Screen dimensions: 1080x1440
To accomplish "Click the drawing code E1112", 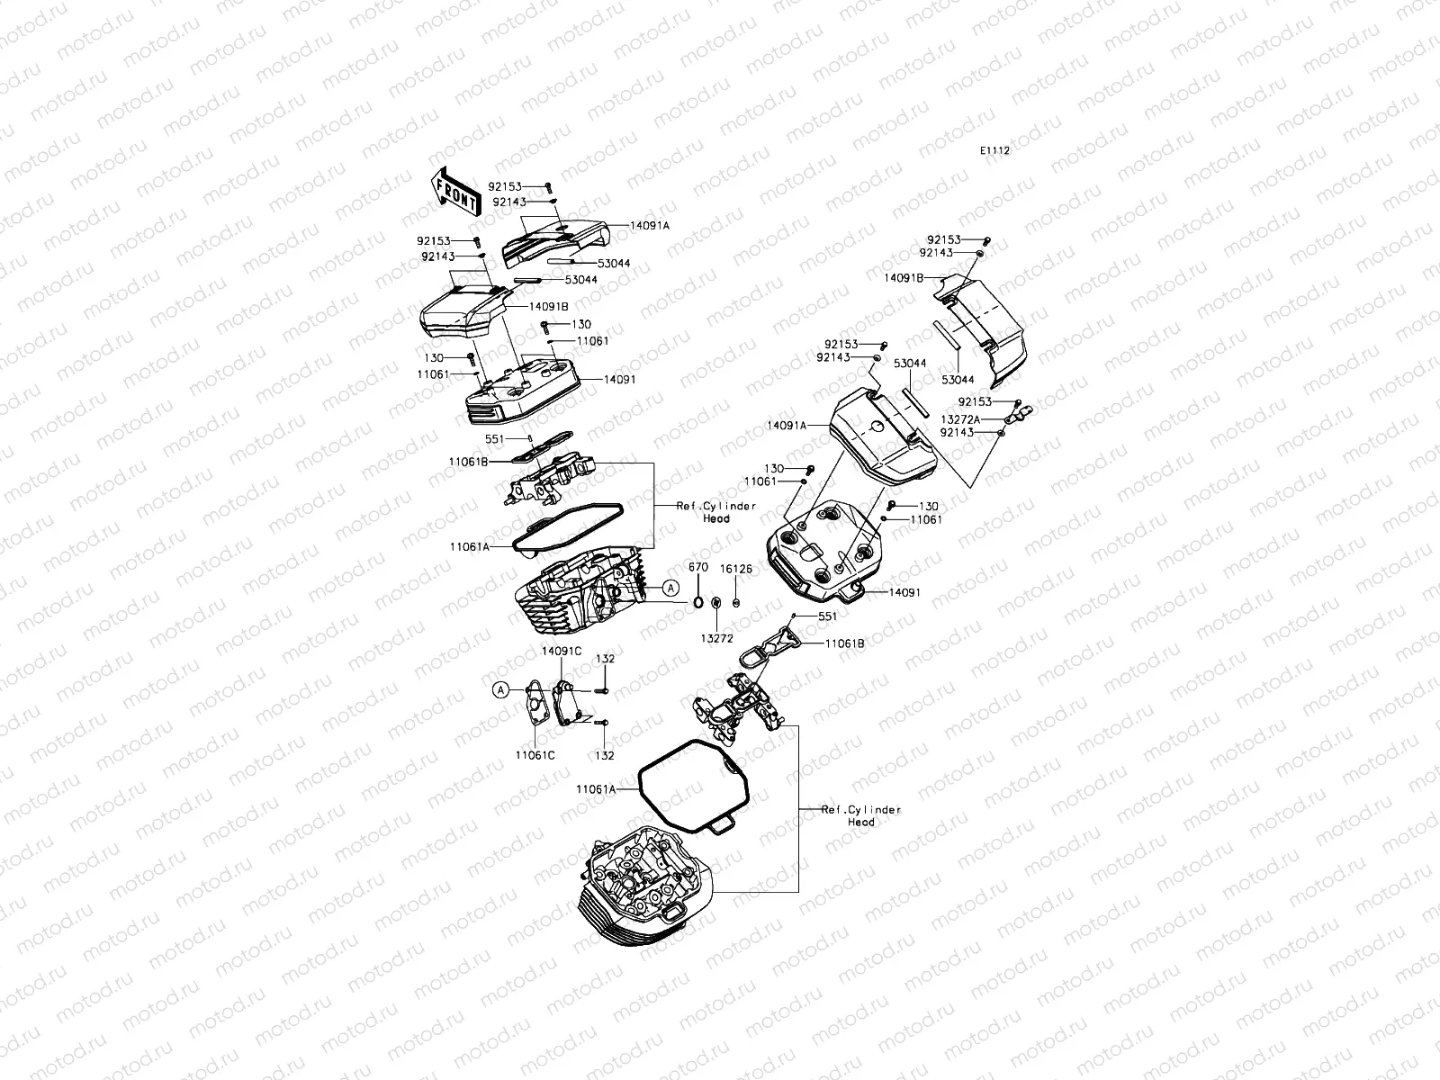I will point(994,151).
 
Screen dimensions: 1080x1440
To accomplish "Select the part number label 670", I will point(698,568).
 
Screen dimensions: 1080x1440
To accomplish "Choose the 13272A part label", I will point(960,419).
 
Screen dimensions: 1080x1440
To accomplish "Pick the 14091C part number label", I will point(561,650).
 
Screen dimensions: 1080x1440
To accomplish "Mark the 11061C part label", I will point(535,755).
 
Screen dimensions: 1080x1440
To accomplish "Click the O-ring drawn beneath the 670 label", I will point(698,601).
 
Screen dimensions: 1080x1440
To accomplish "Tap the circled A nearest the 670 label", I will point(670,588).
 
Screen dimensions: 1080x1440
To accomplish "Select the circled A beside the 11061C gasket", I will point(500,689).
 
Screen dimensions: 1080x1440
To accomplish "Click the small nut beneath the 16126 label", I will point(736,602).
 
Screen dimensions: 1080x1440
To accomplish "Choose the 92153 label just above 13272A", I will point(975,401).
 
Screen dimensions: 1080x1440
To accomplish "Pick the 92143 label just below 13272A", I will point(957,433).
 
